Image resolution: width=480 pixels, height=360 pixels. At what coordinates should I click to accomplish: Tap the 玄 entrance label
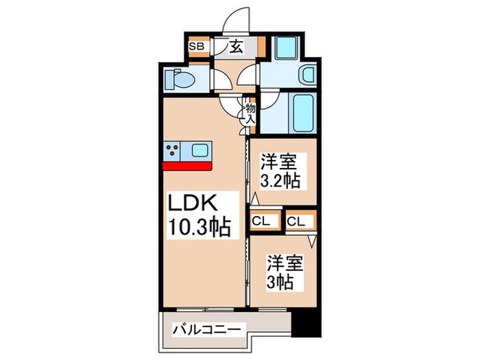pyautogui.click(x=235, y=47)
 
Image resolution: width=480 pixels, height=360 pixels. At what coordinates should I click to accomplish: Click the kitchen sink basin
pyautogui.click(x=201, y=151)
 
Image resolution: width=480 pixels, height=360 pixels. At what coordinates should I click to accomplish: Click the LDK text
pyautogui.click(x=193, y=204)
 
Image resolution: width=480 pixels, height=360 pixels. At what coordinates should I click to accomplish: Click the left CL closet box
pyautogui.click(x=261, y=221)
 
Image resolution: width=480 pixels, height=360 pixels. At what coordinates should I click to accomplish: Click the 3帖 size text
pyautogui.click(x=282, y=282)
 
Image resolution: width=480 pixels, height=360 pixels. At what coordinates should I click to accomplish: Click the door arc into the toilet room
pyautogui.click(x=221, y=82)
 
